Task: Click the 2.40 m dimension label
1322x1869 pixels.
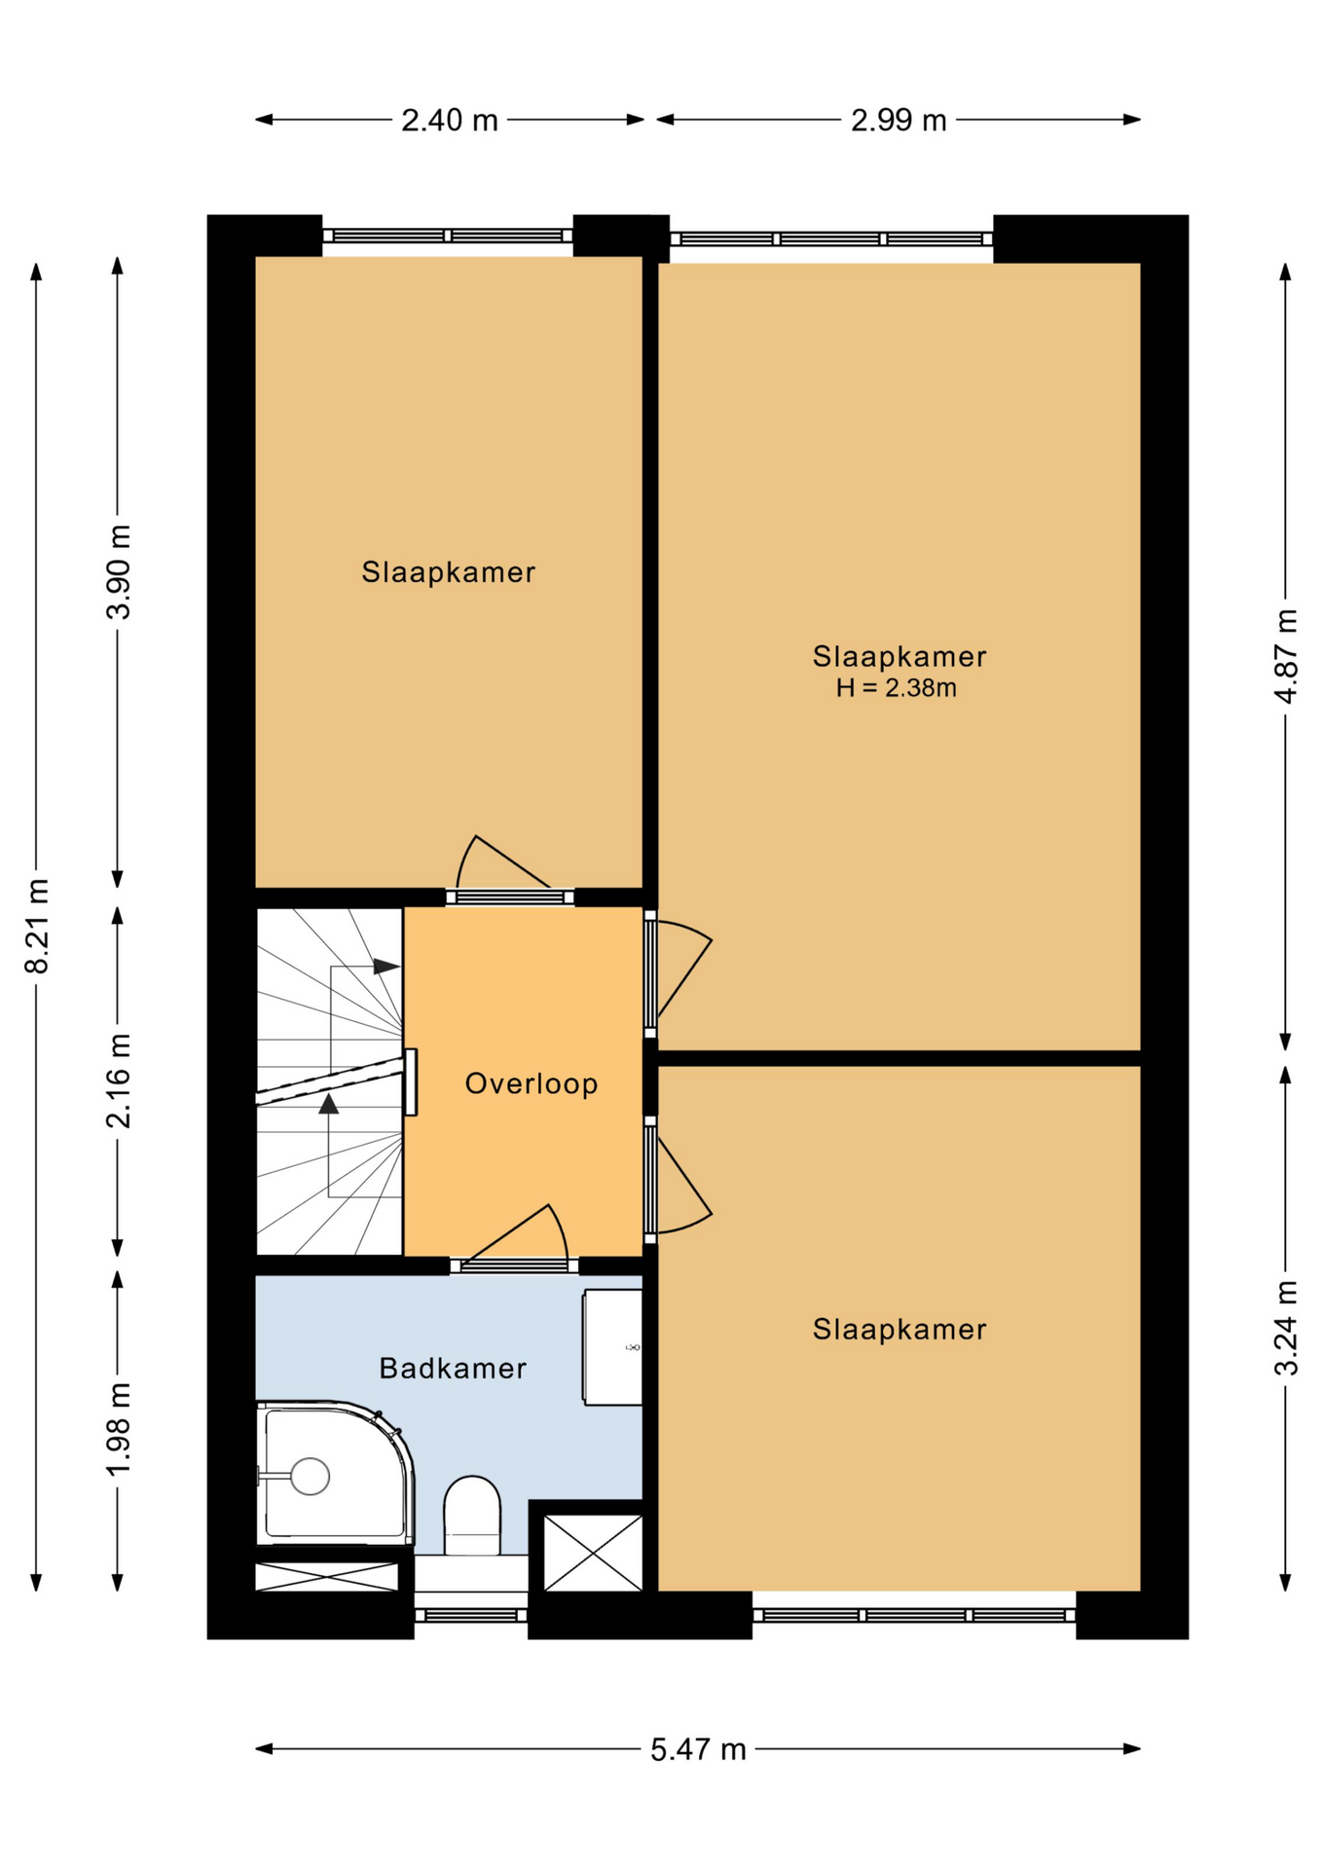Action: pyautogui.click(x=450, y=121)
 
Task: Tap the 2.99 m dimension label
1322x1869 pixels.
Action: pyautogui.click(x=899, y=121)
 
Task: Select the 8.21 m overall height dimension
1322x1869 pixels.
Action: pyautogui.click(x=37, y=926)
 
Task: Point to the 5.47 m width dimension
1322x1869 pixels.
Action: pyautogui.click(x=698, y=1749)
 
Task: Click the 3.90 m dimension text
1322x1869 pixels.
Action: pyautogui.click(x=119, y=571)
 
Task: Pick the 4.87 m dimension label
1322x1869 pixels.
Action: pyautogui.click(x=1286, y=655)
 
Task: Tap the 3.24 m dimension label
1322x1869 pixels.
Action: pyautogui.click(x=1286, y=1328)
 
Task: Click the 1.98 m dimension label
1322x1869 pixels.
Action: pyautogui.click(x=119, y=1429)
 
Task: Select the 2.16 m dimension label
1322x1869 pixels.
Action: pyautogui.click(x=119, y=1081)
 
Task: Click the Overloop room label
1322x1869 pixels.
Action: pyautogui.click(x=532, y=1083)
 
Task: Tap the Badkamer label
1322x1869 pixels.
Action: pyautogui.click(x=453, y=1369)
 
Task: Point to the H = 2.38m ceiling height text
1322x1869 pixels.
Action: pyautogui.click(x=897, y=688)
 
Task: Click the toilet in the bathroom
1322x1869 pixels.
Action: pyautogui.click(x=472, y=1516)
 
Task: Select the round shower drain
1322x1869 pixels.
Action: pyautogui.click(x=310, y=1477)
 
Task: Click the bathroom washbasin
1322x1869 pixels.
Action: pyautogui.click(x=612, y=1347)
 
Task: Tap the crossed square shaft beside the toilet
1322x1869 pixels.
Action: pyautogui.click(x=593, y=1553)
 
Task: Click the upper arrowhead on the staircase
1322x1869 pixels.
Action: pyautogui.click(x=386, y=967)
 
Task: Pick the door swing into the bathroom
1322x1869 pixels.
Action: pyautogui.click(x=514, y=1237)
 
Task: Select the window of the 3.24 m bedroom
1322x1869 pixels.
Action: pyautogui.click(x=914, y=1615)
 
